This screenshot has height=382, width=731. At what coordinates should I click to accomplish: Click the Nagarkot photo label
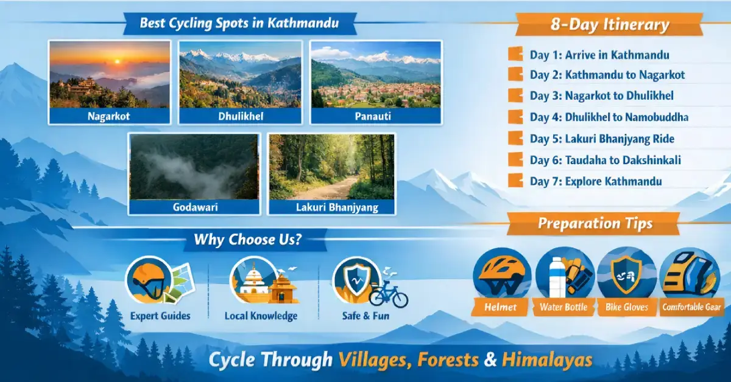click(x=110, y=116)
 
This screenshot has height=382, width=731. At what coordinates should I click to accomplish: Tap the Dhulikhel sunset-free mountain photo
click(x=239, y=74)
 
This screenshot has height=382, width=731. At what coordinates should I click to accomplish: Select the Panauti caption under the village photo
click(x=376, y=116)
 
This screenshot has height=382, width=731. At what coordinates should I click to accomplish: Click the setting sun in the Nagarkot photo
click(x=116, y=61)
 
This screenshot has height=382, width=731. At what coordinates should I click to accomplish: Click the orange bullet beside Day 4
click(x=515, y=117)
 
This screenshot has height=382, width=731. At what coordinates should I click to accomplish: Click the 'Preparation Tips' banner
click(x=595, y=224)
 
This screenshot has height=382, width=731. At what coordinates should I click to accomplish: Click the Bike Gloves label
click(x=627, y=307)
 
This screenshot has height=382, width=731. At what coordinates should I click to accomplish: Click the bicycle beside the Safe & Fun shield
click(x=388, y=296)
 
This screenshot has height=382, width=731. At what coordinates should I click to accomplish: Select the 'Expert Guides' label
click(x=160, y=316)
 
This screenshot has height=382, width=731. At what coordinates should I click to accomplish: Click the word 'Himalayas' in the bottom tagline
click(x=547, y=359)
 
